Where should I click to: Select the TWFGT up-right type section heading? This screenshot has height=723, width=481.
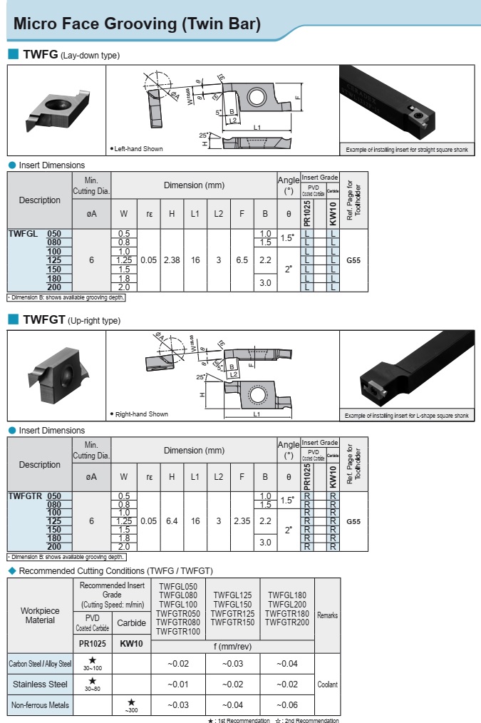(x=72, y=320)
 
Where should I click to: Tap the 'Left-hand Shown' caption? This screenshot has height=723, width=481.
(x=138, y=149)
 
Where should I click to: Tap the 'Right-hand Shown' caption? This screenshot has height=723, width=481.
(x=140, y=414)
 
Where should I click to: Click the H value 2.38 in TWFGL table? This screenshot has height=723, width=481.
(x=171, y=260)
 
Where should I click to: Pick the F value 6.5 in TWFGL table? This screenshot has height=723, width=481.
(x=242, y=260)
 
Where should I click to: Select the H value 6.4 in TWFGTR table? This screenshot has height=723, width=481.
(x=171, y=521)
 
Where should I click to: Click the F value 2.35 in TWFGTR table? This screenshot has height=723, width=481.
(x=242, y=521)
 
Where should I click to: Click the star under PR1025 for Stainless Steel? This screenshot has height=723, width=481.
(x=93, y=681)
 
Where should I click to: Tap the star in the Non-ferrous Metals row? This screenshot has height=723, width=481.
(x=131, y=702)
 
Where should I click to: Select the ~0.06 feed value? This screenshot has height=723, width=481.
(x=287, y=705)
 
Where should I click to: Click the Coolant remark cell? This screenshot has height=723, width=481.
(x=327, y=684)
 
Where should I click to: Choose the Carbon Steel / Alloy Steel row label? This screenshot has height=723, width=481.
(x=40, y=664)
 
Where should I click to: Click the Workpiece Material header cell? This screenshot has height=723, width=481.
(x=40, y=615)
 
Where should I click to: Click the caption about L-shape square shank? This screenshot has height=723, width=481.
(x=407, y=415)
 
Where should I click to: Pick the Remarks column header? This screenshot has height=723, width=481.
(x=327, y=615)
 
